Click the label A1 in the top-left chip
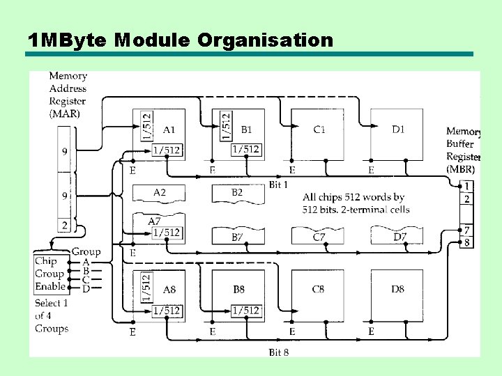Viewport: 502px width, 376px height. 169,129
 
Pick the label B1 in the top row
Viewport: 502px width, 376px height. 247,130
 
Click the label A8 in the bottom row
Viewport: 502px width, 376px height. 169,290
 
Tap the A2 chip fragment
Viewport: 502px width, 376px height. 159,192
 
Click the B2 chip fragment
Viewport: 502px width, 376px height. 237,192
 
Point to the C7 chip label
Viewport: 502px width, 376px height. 319,237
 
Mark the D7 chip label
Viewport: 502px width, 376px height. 400,237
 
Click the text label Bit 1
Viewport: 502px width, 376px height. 279,185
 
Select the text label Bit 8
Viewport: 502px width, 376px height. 279,352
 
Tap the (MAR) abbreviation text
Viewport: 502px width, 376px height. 65,113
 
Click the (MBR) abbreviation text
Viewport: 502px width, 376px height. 461,169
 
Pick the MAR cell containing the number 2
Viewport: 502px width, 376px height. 65,225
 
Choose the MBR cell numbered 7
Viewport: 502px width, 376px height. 466,230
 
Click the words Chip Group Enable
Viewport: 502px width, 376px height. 50,274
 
